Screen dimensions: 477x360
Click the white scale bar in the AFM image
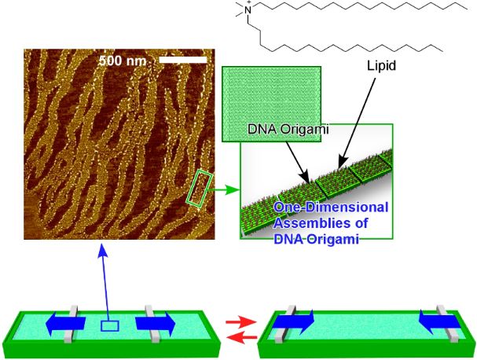[183, 60]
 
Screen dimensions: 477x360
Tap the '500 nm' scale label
[123, 61]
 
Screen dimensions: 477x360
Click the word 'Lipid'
[381, 66]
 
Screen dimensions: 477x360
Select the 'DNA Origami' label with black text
[288, 129]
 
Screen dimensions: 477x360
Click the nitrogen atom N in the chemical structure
[248, 10]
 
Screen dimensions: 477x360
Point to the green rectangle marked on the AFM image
[200, 189]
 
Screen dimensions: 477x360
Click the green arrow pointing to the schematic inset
[225, 190]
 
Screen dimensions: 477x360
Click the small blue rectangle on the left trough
[109, 326]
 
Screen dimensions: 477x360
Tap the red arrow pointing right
[240, 322]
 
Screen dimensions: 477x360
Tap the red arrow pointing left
[243, 337]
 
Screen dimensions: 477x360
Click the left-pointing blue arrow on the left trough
[65, 323]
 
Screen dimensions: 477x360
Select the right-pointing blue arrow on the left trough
[156, 324]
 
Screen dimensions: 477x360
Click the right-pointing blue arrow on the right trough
[293, 322]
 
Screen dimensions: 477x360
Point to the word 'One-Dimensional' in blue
[331, 208]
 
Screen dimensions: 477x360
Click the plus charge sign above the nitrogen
[251, 2]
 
